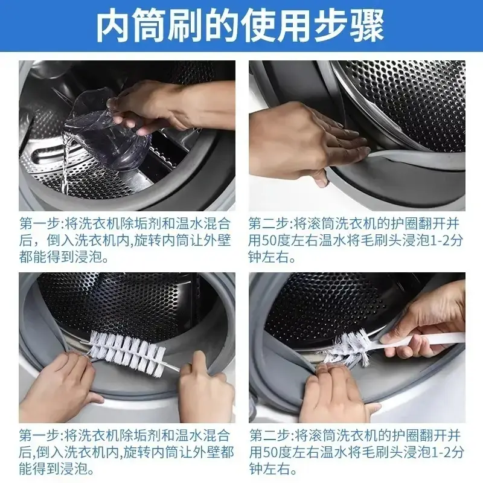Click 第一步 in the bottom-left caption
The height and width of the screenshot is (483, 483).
[x=36, y=435]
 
